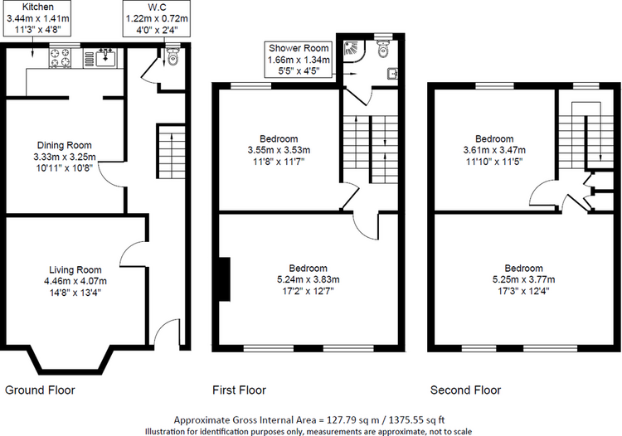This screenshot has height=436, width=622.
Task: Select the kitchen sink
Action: (x=104, y=57)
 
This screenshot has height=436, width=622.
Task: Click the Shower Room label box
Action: (x=299, y=60)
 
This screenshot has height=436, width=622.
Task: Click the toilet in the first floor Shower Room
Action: (x=381, y=51)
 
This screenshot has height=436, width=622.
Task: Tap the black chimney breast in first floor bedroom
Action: (x=222, y=278)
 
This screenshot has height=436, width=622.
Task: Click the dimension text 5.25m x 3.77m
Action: (x=524, y=279)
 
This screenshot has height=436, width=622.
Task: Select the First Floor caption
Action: (x=241, y=390)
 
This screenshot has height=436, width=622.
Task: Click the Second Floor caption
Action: (x=465, y=390)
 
